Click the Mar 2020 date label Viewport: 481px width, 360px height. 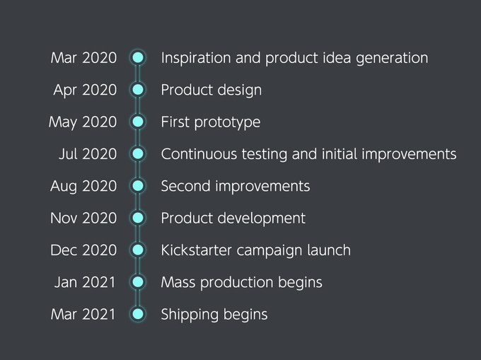click(83, 58)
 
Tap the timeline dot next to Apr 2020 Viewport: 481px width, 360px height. click(138, 90)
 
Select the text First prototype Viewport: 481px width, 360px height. click(211, 122)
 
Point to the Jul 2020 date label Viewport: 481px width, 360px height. click(88, 154)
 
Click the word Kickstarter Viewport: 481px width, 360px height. click(197, 250)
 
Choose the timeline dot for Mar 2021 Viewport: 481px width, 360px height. click(138, 314)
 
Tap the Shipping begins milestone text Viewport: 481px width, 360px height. click(214, 315)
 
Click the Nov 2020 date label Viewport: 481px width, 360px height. click(83, 218)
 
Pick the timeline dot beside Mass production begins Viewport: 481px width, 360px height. click(138, 282)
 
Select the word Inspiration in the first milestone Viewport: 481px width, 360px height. click(196, 58)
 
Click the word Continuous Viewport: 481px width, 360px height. click(199, 154)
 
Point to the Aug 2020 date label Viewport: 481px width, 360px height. click(83, 187)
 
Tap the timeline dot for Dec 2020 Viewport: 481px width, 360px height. click(138, 250)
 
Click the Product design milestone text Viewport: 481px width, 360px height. click(211, 90)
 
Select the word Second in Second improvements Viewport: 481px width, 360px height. click(185, 186)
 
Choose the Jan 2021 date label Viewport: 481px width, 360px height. click(85, 282)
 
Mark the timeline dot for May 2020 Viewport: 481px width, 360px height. click(138, 122)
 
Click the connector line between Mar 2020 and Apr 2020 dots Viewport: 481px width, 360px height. click(138, 74)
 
